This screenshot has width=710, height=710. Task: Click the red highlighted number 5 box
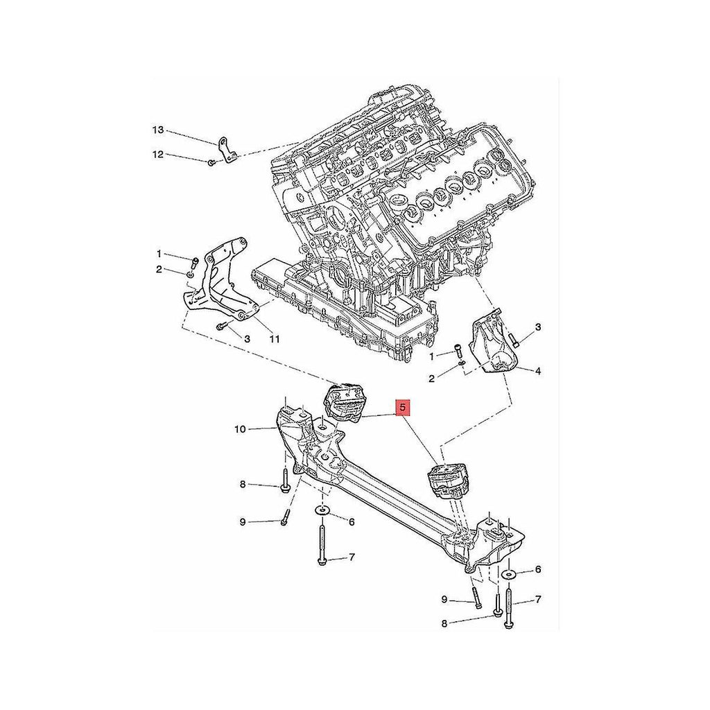[x=404, y=408]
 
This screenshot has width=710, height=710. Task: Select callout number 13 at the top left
[x=157, y=130]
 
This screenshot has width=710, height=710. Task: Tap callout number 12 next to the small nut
[x=157, y=155]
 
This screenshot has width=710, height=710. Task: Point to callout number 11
[x=275, y=338]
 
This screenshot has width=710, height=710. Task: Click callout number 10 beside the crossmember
[x=240, y=428]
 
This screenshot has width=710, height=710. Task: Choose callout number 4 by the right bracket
[x=538, y=372]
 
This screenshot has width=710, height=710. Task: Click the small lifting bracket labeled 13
[x=227, y=150]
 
